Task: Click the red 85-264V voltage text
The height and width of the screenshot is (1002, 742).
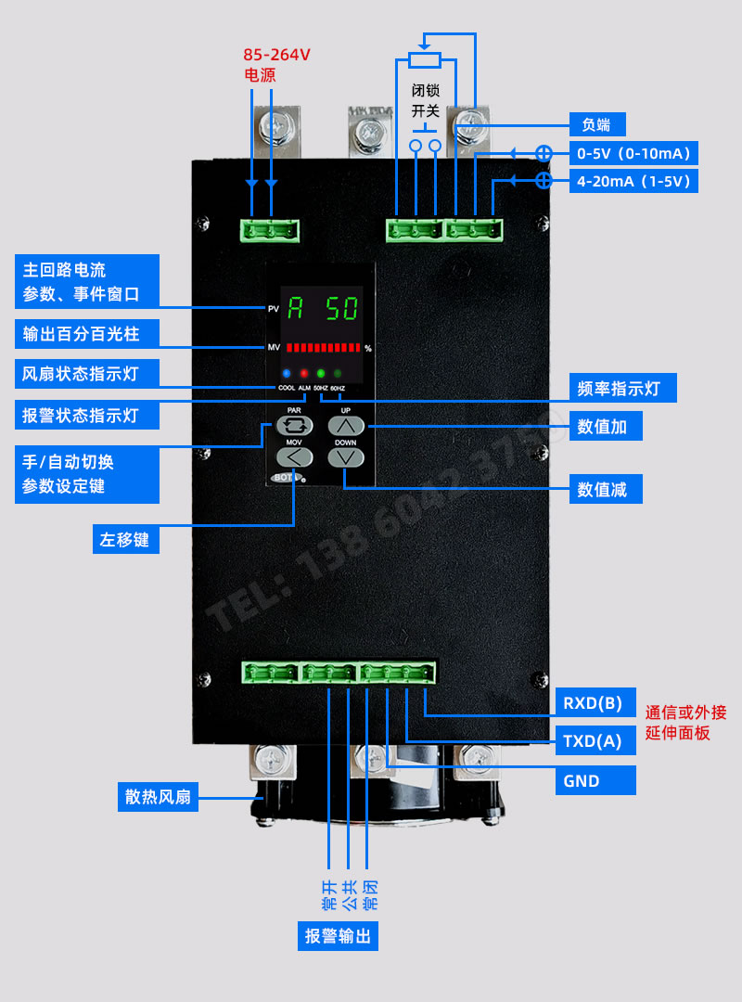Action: (276, 55)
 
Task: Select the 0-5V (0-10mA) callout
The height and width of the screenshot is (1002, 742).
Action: (633, 153)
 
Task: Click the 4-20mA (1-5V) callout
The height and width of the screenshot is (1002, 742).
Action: (633, 181)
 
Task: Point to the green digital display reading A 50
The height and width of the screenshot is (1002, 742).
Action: (323, 308)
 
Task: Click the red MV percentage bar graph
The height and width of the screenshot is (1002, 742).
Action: (323, 348)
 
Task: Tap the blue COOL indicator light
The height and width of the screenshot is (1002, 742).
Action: (286, 373)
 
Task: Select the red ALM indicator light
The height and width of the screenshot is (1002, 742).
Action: (304, 373)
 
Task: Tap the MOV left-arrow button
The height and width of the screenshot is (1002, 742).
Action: (294, 456)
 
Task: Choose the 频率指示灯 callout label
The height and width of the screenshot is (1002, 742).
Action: (622, 388)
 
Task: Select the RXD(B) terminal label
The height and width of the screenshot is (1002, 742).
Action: (595, 701)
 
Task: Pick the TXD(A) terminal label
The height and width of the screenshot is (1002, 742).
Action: (595, 740)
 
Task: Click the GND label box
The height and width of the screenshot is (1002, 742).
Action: (595, 780)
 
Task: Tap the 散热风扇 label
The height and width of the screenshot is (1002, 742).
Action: (159, 796)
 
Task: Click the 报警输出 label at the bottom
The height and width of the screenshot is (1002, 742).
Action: (338, 936)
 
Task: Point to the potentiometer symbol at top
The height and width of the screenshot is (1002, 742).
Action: (425, 60)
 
